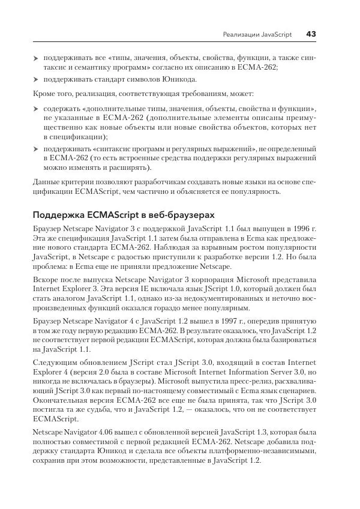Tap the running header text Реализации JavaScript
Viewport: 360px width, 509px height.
pos(257,35)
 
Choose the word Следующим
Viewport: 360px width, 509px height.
pos(55,364)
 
